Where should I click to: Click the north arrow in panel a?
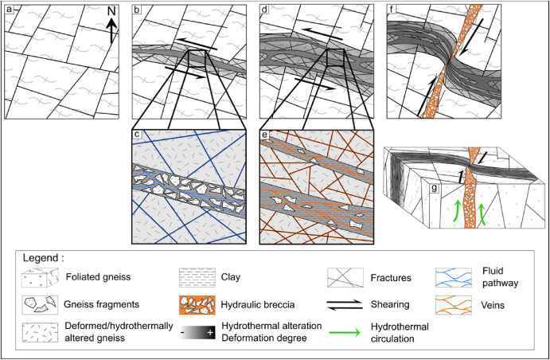tap(112, 22)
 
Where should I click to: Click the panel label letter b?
tap(137, 10)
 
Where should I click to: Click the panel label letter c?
tap(138, 131)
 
